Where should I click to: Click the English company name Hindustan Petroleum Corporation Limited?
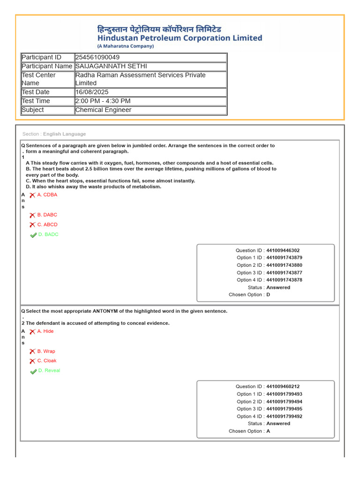click(180, 38)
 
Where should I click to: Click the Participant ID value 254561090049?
click(101, 57)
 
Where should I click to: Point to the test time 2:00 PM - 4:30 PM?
click(103, 101)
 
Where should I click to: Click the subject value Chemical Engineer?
click(103, 110)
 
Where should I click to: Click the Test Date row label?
click(36, 92)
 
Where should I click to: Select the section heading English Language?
click(65, 134)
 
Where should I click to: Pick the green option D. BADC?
click(48, 234)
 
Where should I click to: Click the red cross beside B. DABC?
click(32, 215)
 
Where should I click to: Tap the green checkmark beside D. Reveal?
click(33, 371)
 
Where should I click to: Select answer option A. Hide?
click(45, 331)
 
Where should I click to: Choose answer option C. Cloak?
click(47, 361)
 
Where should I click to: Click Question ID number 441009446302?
click(283, 250)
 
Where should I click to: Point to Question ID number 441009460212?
click(283, 387)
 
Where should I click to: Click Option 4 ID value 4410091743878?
click(284, 280)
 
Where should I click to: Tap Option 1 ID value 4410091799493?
click(284, 394)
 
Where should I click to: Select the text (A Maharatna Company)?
click(126, 46)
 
